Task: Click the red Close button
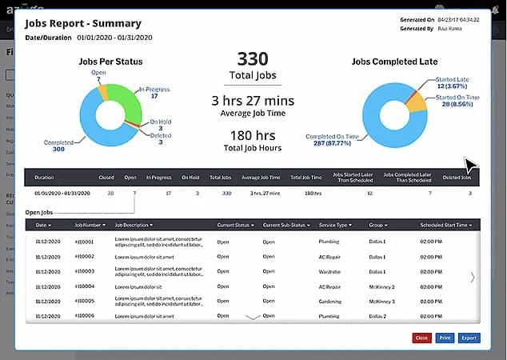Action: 421,338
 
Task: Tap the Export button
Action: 469,338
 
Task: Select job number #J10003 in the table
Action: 85,271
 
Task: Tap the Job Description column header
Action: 134,225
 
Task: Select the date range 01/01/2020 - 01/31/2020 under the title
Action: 114,38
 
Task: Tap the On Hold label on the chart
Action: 160,122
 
